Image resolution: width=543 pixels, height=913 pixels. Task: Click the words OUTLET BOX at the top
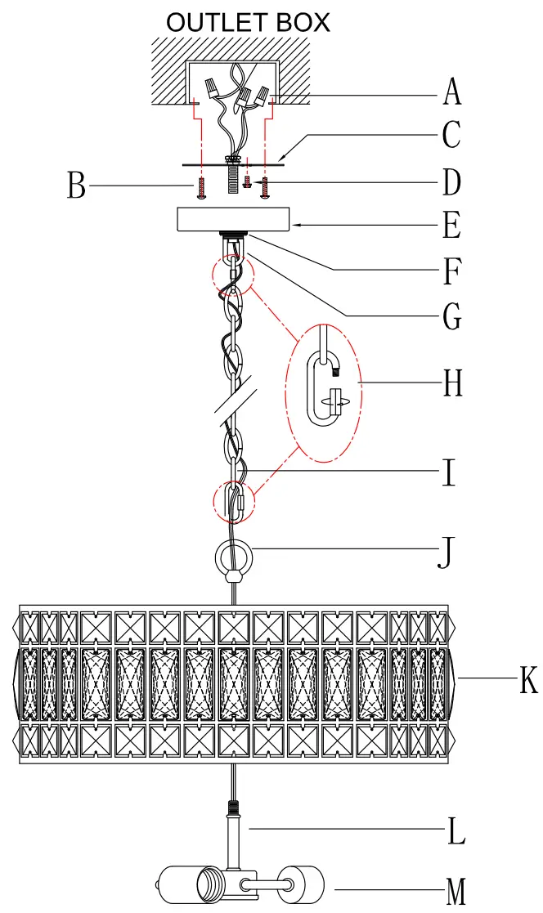tap(248, 21)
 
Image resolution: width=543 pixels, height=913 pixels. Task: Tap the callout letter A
tap(451, 92)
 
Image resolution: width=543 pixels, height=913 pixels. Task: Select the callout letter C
tap(451, 135)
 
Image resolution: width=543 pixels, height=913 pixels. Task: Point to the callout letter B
tap(76, 186)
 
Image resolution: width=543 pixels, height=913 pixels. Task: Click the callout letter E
tap(451, 225)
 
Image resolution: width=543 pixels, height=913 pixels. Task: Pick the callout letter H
tap(452, 383)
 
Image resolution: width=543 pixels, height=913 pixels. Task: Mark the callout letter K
tap(529, 681)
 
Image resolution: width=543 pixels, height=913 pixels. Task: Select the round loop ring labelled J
tap(235, 558)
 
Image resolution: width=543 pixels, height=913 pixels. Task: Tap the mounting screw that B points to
tap(201, 189)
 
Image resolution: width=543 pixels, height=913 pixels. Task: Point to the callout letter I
tap(447, 473)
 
